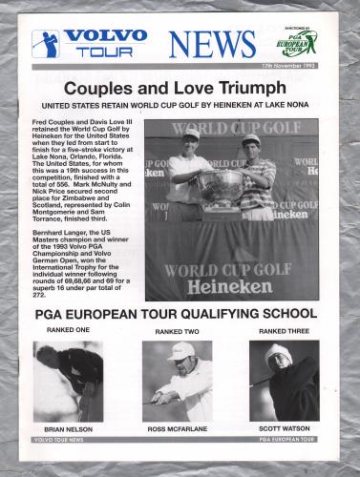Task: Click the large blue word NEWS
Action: point(213,44)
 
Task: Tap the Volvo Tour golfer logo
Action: point(45,43)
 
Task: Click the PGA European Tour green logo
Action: point(299,43)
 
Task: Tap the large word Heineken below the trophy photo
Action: point(222,285)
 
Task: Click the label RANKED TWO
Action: point(177,331)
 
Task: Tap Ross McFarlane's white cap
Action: point(180,352)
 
